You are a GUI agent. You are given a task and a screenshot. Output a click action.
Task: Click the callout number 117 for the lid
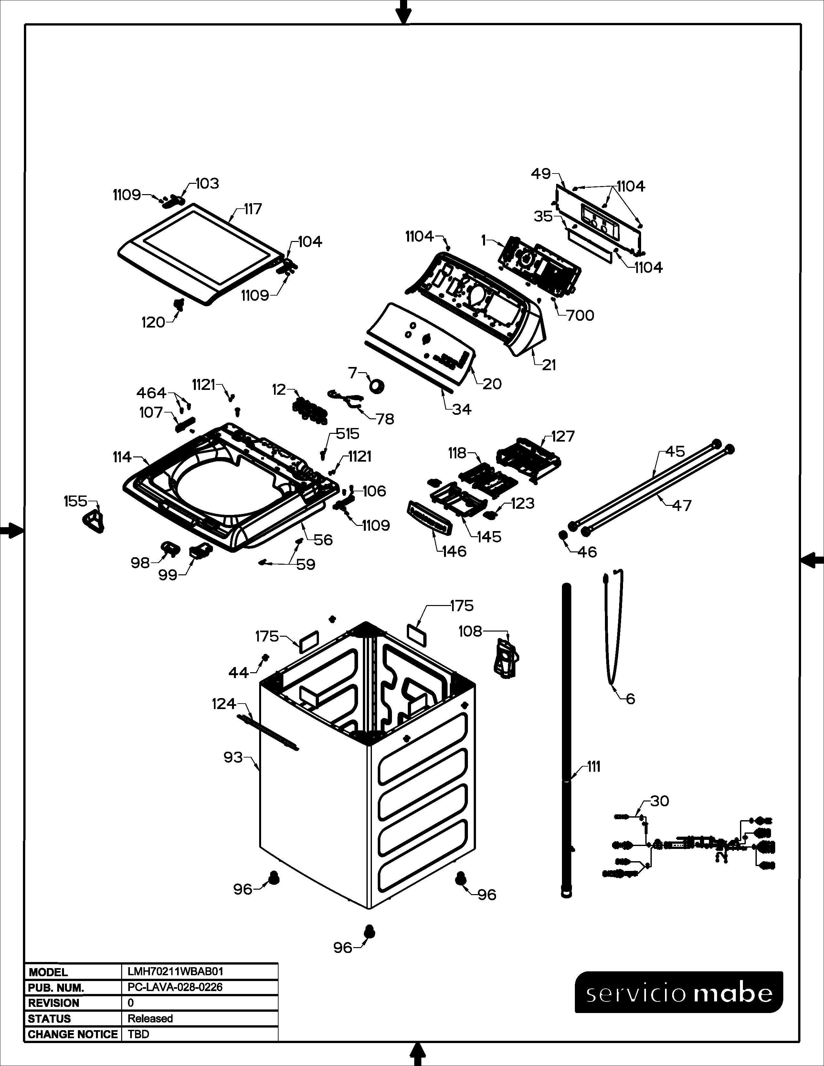[x=253, y=209]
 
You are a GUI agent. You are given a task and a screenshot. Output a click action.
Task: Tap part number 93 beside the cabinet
[x=233, y=757]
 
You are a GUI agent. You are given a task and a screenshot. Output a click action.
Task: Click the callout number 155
[x=75, y=501]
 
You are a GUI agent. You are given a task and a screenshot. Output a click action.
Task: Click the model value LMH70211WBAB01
[x=175, y=971]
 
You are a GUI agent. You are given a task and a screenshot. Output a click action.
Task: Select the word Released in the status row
[x=150, y=1018]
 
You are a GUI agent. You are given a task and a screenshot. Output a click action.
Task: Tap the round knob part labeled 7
[x=376, y=386]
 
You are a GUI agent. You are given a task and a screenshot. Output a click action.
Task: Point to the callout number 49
[x=541, y=174]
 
